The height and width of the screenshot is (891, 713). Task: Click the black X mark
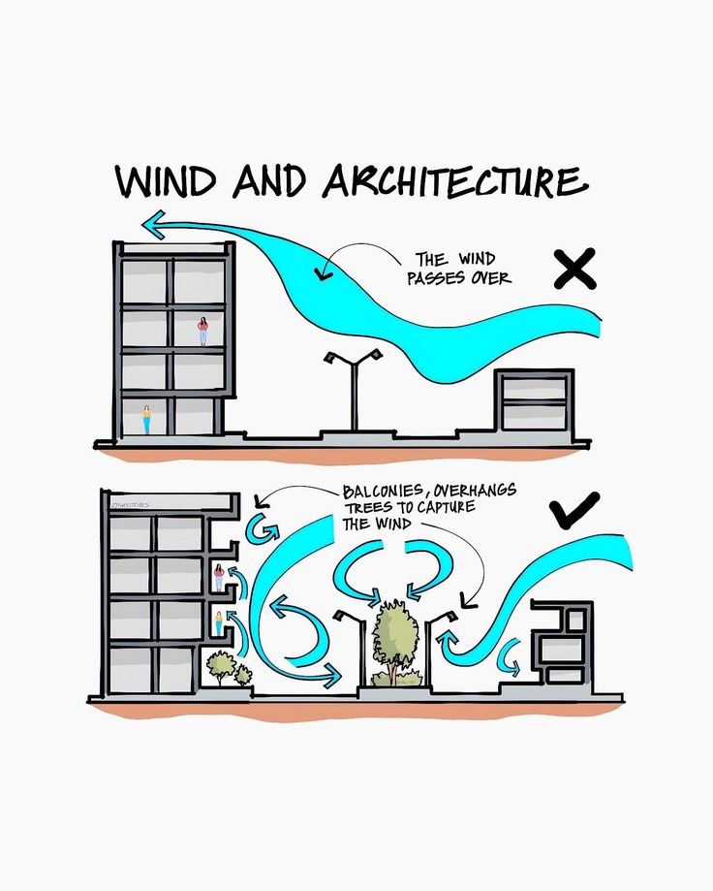coord(574,269)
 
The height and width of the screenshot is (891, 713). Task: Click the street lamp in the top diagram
coord(352,388)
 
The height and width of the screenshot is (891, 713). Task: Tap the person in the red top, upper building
coord(202,331)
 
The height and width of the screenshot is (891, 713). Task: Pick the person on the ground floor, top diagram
coord(147,419)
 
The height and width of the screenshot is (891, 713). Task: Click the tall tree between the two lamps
coord(393,636)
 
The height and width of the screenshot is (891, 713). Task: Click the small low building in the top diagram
coord(534,399)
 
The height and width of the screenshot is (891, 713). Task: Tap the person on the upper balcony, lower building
coord(219,576)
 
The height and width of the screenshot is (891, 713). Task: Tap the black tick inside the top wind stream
coord(323,275)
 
